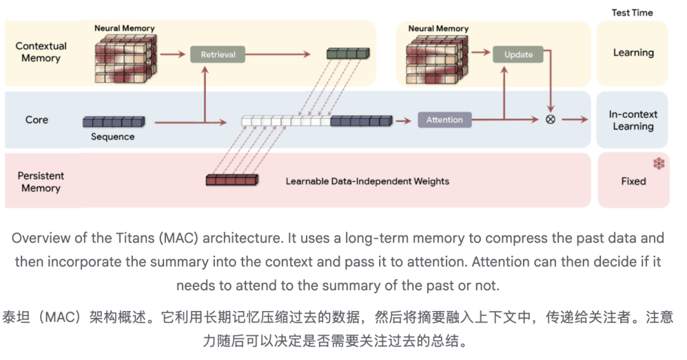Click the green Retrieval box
218,54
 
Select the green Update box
518,54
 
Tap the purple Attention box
445,120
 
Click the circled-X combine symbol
551,119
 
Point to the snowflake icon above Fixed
658,163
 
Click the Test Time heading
632,13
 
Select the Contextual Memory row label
41,52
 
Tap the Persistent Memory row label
41,182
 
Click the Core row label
37,120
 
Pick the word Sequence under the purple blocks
113,137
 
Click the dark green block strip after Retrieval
349,53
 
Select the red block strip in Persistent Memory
232,179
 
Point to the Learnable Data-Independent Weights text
368,181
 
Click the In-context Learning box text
633,120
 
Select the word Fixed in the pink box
634,181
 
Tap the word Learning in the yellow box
634,53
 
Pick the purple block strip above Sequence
114,121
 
